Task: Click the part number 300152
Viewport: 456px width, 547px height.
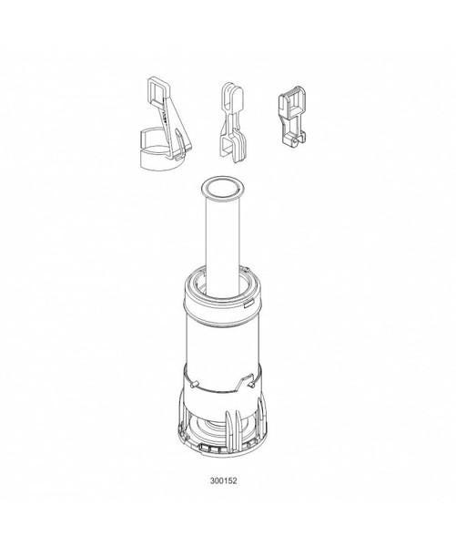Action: (223, 480)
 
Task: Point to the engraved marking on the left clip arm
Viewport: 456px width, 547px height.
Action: (165, 117)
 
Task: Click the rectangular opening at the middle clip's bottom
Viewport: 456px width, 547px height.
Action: (228, 146)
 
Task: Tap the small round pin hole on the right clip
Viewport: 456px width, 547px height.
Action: (296, 141)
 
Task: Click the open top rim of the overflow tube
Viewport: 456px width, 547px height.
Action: (223, 188)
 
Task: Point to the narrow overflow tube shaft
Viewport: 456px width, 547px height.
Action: (223, 244)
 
